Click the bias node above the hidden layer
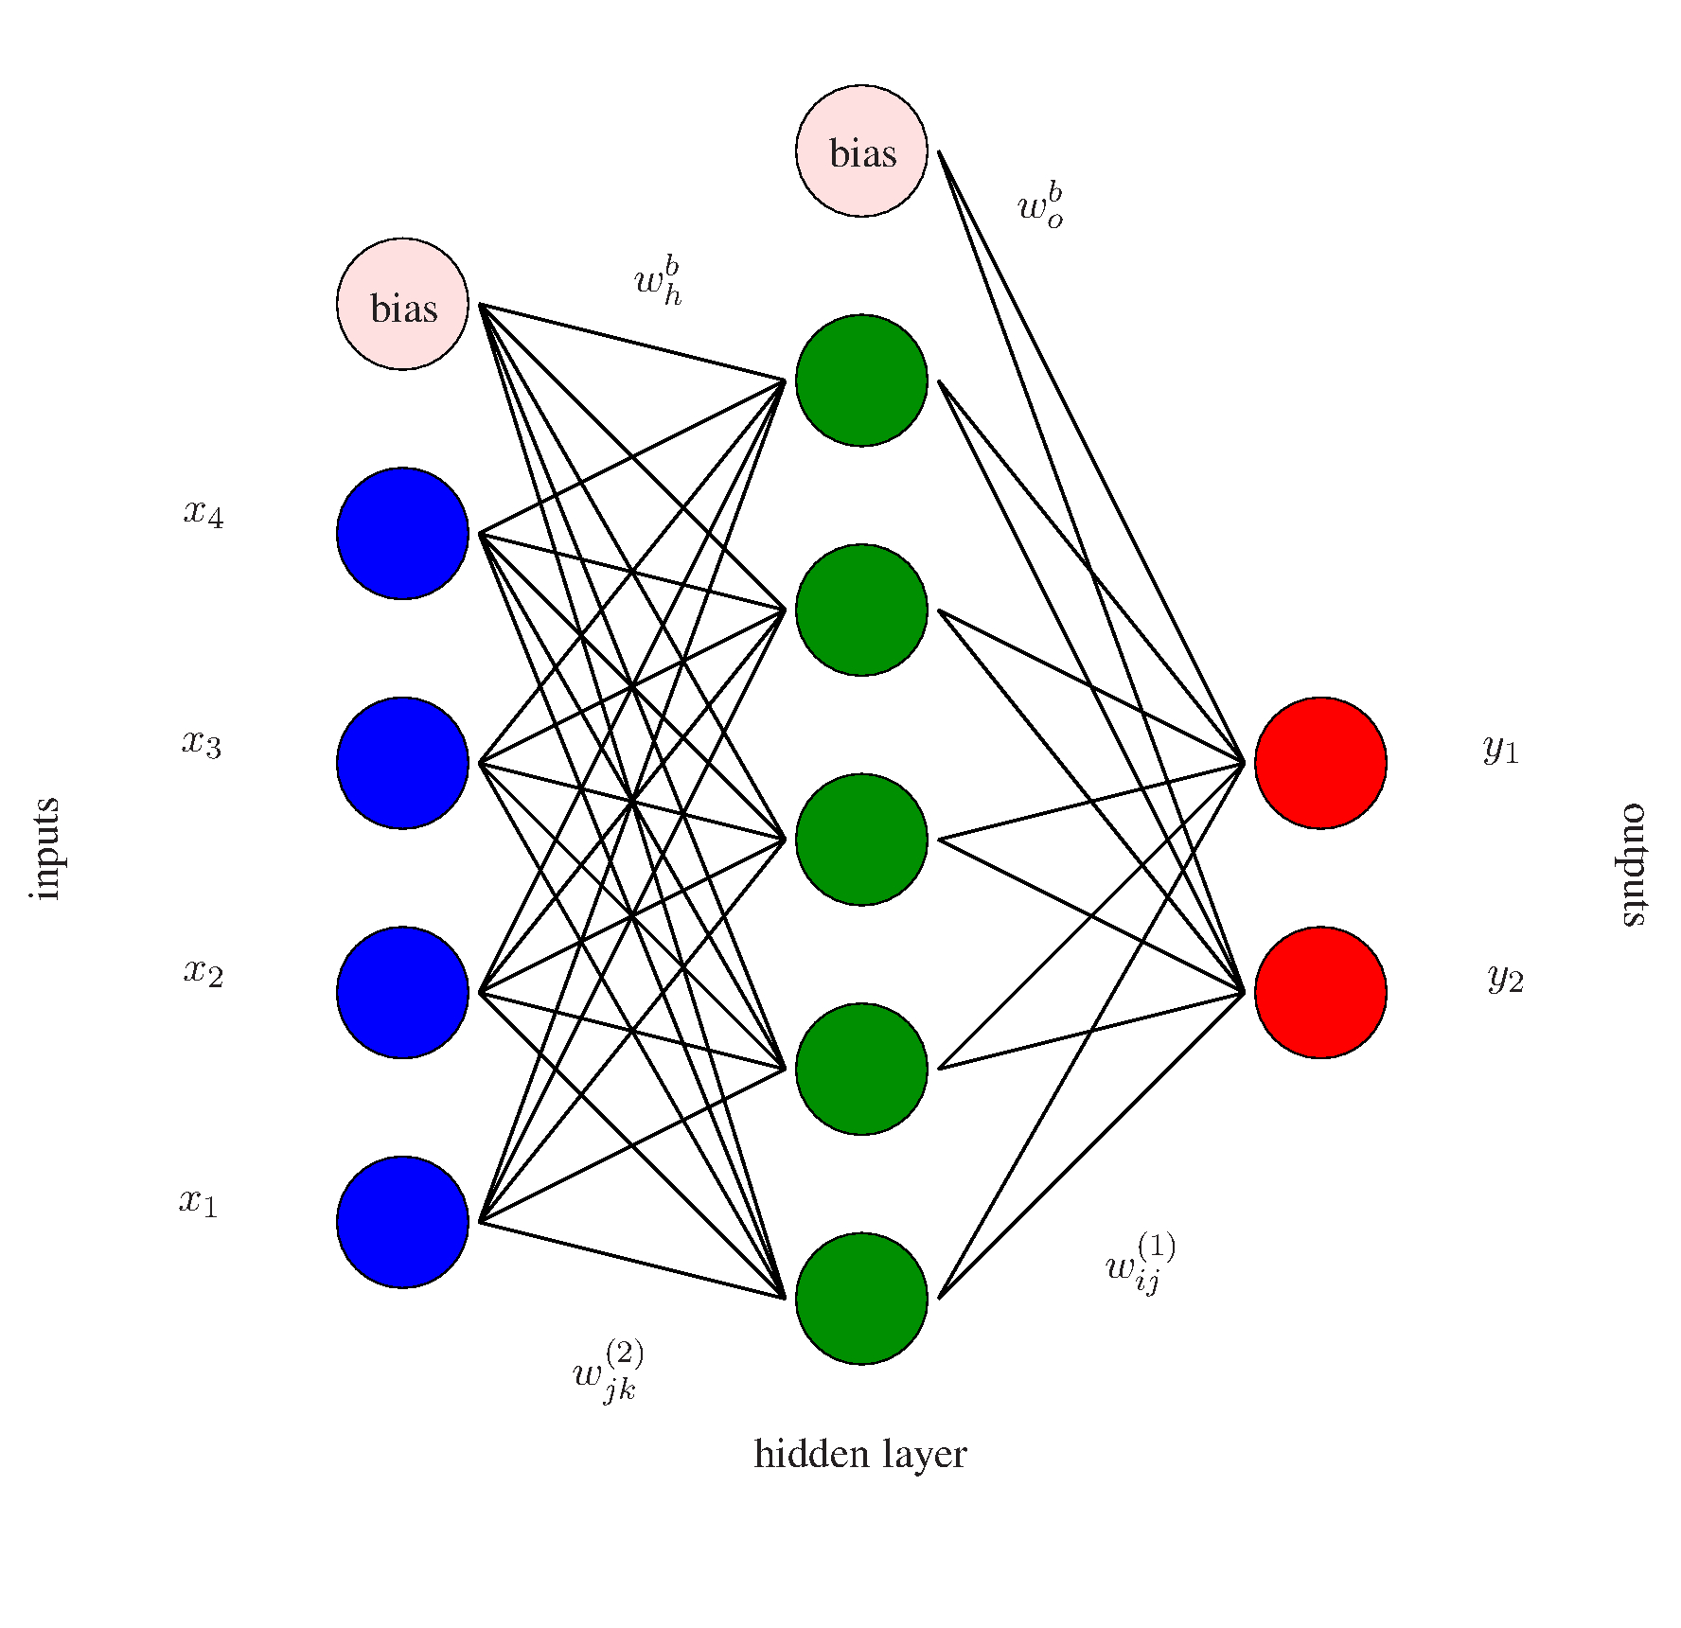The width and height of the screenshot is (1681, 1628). (861, 151)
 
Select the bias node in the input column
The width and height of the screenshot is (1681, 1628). (402, 304)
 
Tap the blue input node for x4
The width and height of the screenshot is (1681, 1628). (402, 533)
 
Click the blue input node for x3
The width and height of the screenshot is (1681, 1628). (402, 763)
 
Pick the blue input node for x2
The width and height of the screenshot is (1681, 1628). (402, 992)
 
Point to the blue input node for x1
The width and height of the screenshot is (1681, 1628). (402, 1222)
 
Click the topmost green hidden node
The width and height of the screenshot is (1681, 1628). (861, 380)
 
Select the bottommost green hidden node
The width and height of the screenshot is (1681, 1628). (861, 1299)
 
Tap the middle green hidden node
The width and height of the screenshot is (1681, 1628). (861, 840)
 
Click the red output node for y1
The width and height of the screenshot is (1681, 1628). (1320, 763)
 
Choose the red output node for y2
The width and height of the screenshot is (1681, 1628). (1320, 992)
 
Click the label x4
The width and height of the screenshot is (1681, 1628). (203, 513)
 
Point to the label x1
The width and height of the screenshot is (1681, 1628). (199, 1202)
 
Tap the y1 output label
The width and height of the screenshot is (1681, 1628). (1500, 750)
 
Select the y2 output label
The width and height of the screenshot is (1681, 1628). (1505, 978)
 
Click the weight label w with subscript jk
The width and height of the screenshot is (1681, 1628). (609, 1371)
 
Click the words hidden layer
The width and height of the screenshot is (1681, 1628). (859, 1454)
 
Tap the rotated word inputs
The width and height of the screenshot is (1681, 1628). (45, 849)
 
